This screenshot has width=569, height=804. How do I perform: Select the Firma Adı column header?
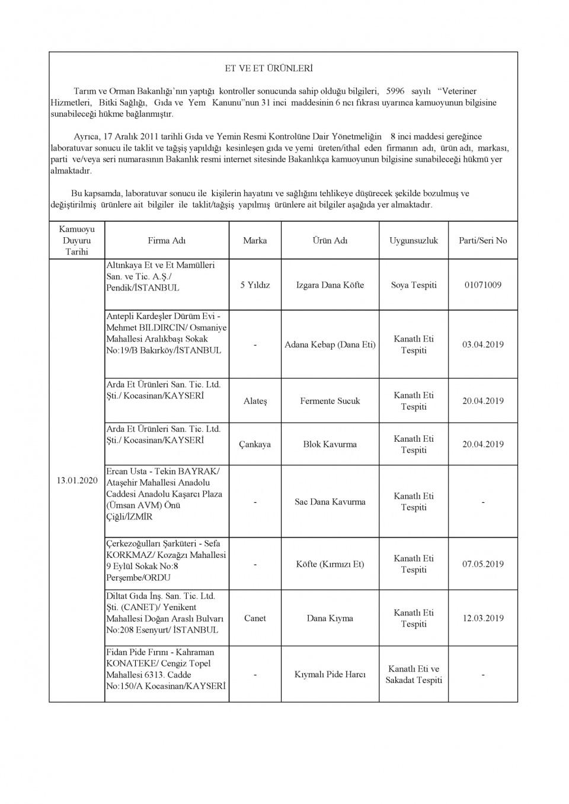[167, 240]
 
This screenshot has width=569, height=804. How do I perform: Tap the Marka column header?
[255, 240]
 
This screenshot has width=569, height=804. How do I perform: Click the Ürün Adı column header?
[330, 240]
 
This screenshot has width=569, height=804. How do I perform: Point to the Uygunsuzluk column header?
[414, 240]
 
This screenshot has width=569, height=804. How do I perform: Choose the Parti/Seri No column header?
[483, 240]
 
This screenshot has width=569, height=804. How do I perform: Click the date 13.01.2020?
[77, 480]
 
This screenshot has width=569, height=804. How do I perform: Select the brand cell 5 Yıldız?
[255, 285]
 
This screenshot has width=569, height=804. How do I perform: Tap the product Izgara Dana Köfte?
[330, 285]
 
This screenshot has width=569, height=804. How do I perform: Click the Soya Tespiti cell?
[414, 285]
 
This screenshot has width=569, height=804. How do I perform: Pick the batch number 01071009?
[483, 285]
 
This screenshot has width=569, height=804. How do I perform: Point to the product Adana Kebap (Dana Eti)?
[330, 344]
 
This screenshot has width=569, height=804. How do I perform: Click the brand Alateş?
[255, 401]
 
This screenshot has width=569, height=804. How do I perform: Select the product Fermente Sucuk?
[330, 401]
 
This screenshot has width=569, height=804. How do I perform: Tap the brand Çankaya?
[255, 444]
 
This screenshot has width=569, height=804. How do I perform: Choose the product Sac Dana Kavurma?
[330, 502]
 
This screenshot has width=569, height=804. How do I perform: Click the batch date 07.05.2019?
[483, 564]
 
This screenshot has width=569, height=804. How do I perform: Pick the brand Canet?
[255, 618]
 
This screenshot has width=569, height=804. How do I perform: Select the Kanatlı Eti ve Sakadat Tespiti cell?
[414, 674]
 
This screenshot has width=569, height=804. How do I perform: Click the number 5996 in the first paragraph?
[395, 91]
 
